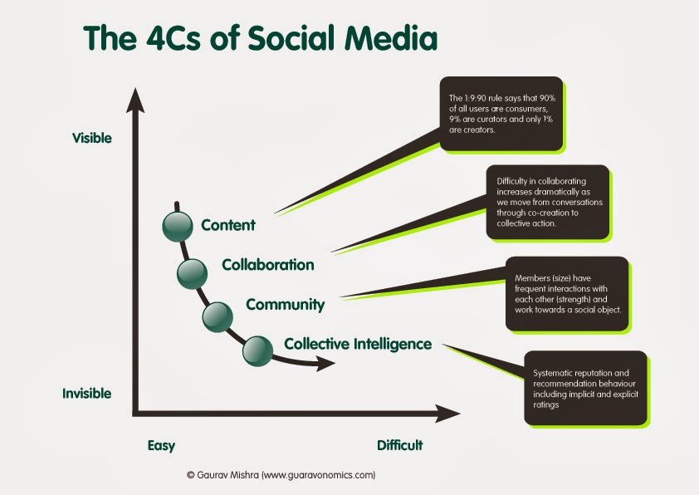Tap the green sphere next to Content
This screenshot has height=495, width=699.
pos(177,225)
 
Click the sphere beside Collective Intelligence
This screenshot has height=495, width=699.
pos(257,350)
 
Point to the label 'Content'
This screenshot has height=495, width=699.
pos(228,225)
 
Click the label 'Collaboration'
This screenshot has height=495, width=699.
pos(268,265)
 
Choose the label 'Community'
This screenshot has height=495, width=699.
pos(285,305)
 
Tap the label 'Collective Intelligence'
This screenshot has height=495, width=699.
pos(358,343)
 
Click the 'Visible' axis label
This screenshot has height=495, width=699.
pos(91,137)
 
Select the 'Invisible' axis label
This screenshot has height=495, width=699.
pos(86,393)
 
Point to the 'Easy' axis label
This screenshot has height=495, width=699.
pos(161,445)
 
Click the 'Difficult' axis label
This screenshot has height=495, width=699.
pos(400,445)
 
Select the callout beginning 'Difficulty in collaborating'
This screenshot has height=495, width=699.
pos(547,203)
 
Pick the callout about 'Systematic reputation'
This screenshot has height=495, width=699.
pos(584,388)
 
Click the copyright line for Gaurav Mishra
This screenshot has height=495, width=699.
pos(282,475)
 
